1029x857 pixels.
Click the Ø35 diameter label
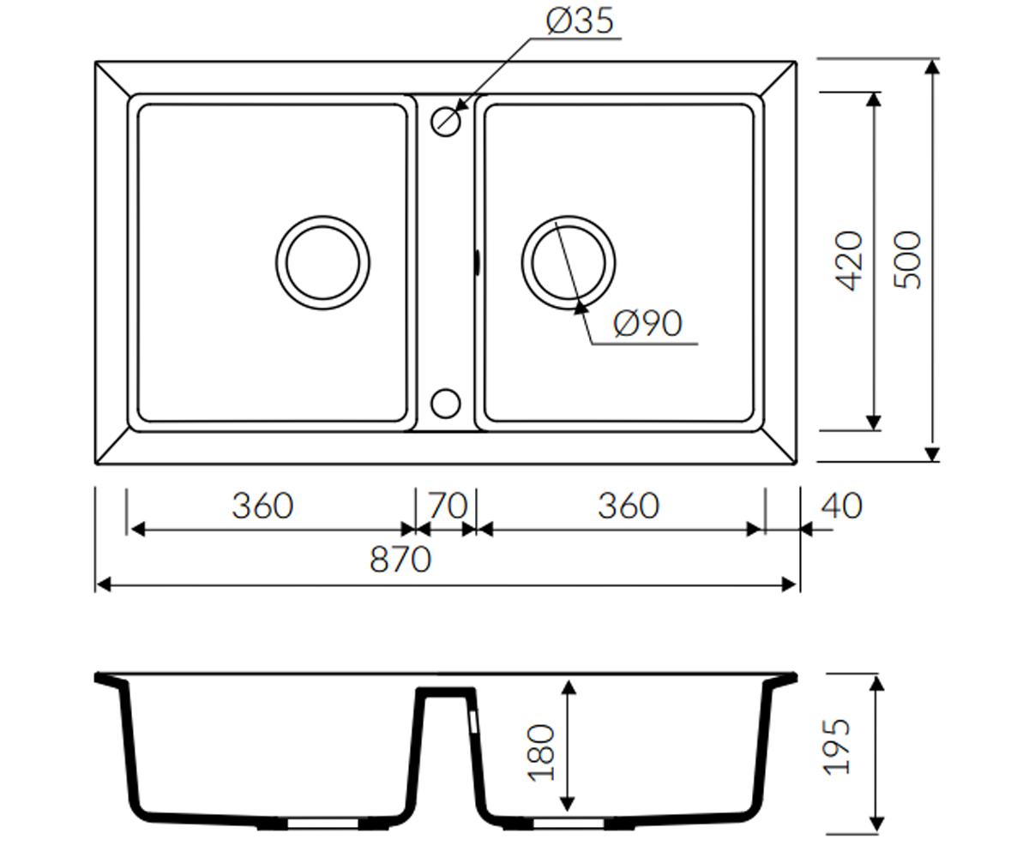coord(580,21)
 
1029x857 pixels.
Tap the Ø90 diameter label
coord(648,324)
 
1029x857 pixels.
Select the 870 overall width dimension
coord(400,559)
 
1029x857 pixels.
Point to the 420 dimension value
coord(850,261)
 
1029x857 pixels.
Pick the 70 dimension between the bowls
coord(448,506)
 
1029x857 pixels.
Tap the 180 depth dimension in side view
coord(540,752)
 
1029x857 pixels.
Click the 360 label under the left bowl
coord(262,506)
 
